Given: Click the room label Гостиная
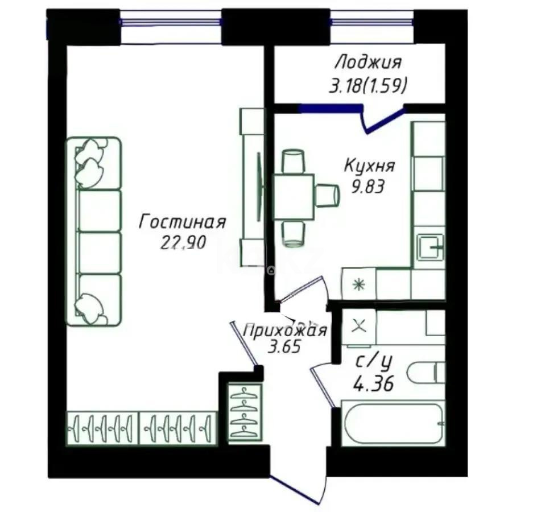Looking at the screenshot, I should coord(183,221).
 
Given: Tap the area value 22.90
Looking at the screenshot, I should coord(183,242).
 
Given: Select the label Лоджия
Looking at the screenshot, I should coord(368,61).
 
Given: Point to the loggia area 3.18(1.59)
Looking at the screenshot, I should coord(368,86).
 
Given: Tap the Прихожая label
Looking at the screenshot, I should coord(284,331).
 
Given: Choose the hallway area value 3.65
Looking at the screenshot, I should coord(284,346).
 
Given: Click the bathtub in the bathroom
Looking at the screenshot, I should coord(393,424).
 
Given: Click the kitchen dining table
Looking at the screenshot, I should coord(294,197).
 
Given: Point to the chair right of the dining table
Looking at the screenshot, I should coord(327,196).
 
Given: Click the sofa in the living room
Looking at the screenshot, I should coord(94,231).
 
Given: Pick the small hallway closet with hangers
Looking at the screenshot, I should coord(245,412).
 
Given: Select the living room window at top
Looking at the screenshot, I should coord(171,23).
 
